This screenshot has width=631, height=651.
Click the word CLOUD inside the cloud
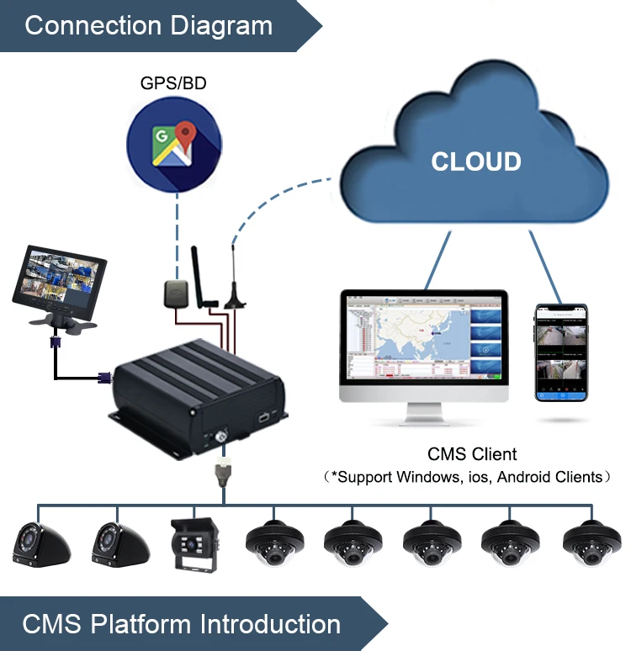[476, 161]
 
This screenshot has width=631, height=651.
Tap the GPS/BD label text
[174, 84]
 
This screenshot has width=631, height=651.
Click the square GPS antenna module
[177, 294]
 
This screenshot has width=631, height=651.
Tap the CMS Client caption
[472, 454]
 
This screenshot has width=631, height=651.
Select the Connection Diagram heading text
[148, 25]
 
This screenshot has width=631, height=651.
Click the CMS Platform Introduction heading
[181, 625]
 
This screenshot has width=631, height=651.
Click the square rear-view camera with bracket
[195, 544]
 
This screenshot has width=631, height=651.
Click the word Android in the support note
[528, 477]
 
